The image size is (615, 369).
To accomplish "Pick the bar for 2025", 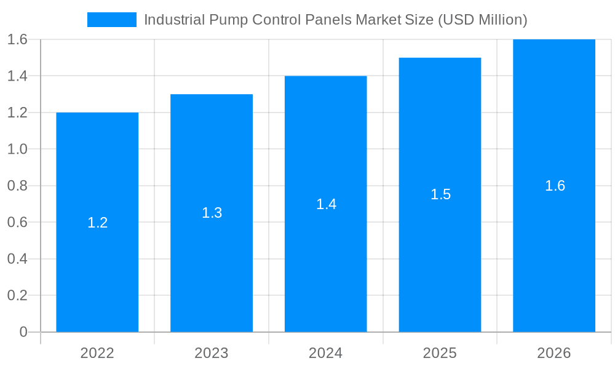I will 440,258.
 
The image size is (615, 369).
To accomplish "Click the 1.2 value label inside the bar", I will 97,223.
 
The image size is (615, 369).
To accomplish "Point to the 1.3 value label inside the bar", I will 212,213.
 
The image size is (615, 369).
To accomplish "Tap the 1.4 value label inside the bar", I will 326,204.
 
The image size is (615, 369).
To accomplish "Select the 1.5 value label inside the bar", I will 440,194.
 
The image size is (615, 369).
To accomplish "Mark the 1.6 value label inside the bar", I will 555,186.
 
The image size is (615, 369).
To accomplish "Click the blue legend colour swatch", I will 112,20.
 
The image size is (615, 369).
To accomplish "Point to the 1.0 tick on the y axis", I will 17,149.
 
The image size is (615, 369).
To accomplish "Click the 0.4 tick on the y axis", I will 17,259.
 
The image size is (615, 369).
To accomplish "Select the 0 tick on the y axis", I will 23,332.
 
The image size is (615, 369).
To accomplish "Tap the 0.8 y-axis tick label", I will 17,186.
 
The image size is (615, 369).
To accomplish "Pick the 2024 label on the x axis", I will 326,353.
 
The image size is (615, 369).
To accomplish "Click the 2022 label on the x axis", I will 97,353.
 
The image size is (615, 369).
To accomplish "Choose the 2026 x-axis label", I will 554,353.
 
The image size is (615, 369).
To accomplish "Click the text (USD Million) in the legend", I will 482,20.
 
